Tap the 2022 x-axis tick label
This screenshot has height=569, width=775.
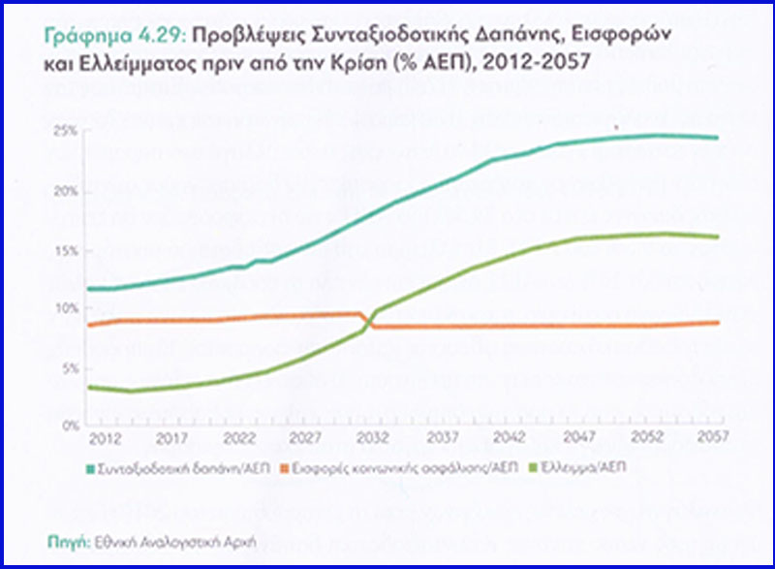point(235,439)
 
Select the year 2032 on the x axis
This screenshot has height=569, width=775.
point(370,439)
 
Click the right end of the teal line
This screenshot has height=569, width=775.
point(718,138)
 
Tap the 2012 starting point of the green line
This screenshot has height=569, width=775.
point(89,388)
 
